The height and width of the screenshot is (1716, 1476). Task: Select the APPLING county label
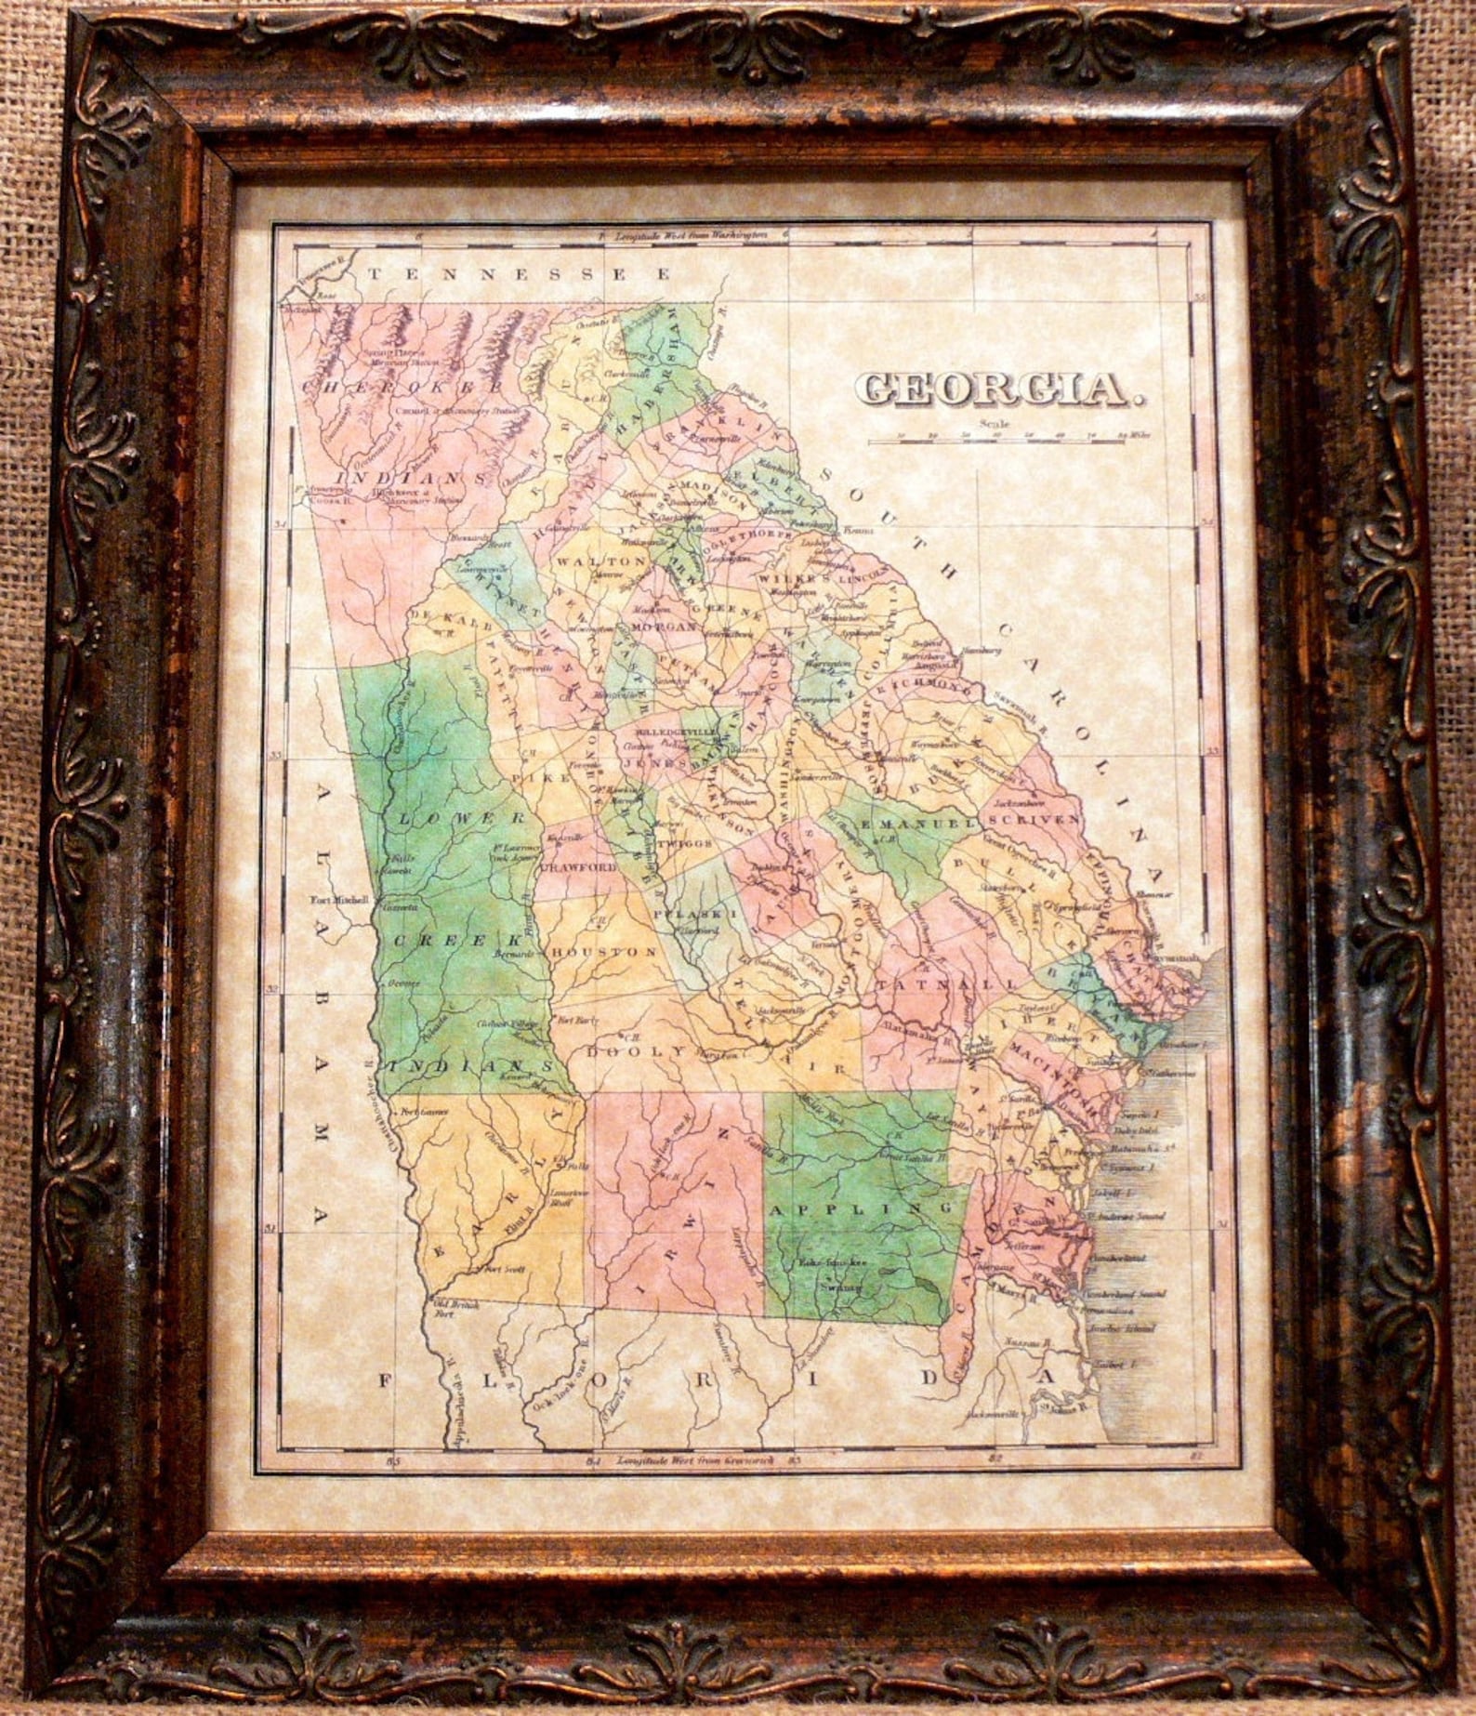click(x=856, y=1209)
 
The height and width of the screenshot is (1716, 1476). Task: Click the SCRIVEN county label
click(x=1035, y=819)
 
